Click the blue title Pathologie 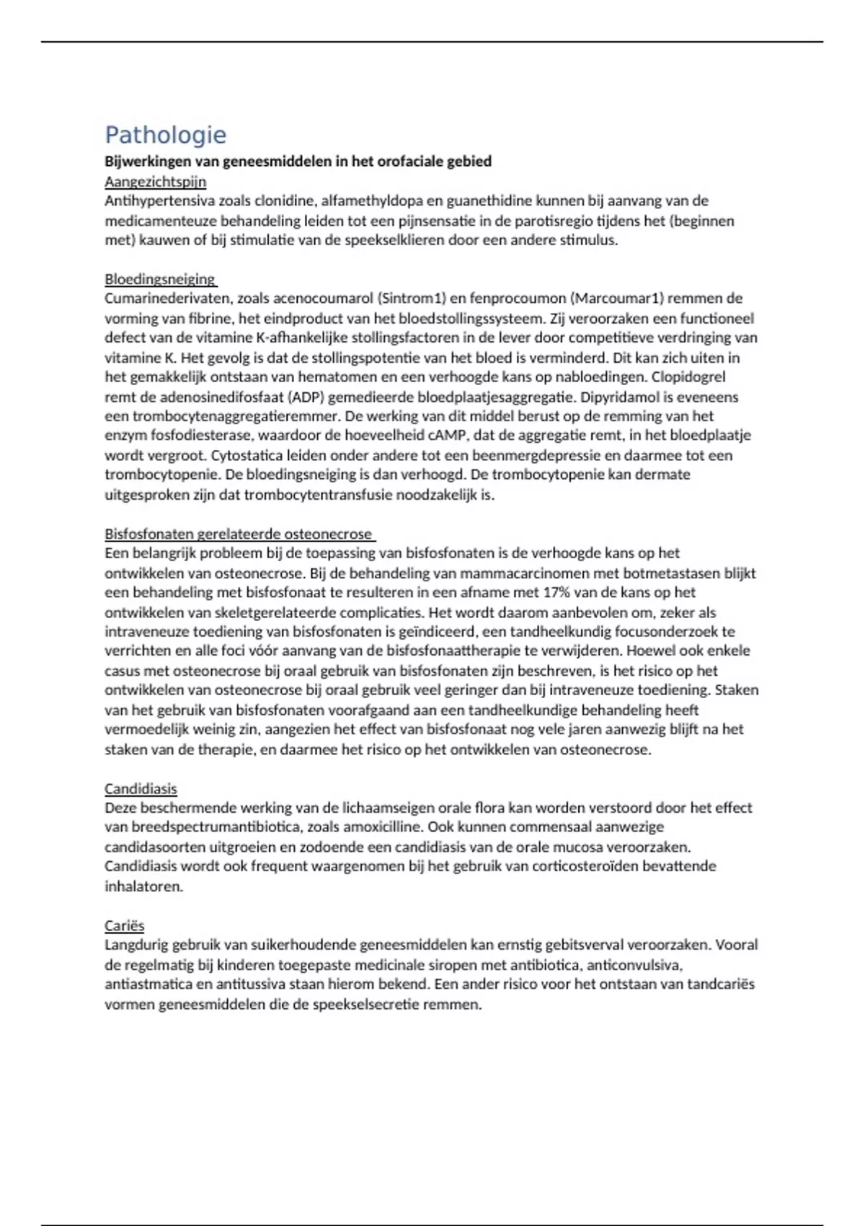pos(165,135)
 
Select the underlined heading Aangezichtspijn pos(155,182)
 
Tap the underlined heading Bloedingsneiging pos(159,279)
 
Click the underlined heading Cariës pos(124,925)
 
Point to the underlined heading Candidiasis pos(141,788)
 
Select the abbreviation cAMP pos(448,436)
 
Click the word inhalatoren pos(143,886)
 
